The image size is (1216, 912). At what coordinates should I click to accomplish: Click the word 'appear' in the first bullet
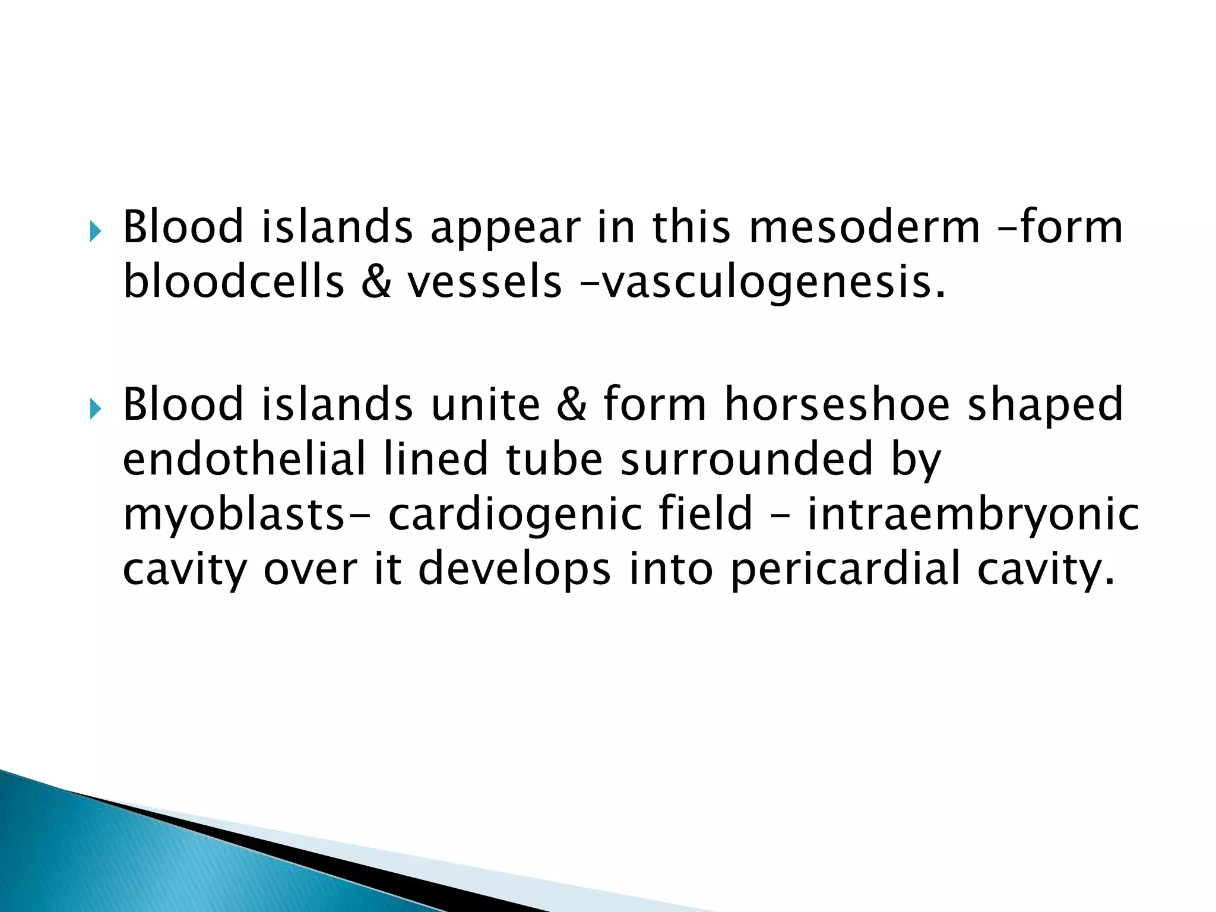pyautogui.click(x=505, y=229)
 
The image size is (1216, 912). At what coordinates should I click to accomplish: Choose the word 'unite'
pyautogui.click(x=486, y=405)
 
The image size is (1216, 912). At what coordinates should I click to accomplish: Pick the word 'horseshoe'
pyautogui.click(x=838, y=405)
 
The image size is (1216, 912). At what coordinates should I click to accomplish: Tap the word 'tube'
pyautogui.click(x=555, y=459)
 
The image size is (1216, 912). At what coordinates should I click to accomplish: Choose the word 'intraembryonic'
pyautogui.click(x=973, y=514)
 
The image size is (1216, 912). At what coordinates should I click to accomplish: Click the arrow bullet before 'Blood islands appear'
pyautogui.click(x=96, y=231)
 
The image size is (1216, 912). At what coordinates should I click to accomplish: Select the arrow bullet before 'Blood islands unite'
pyautogui.click(x=96, y=408)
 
